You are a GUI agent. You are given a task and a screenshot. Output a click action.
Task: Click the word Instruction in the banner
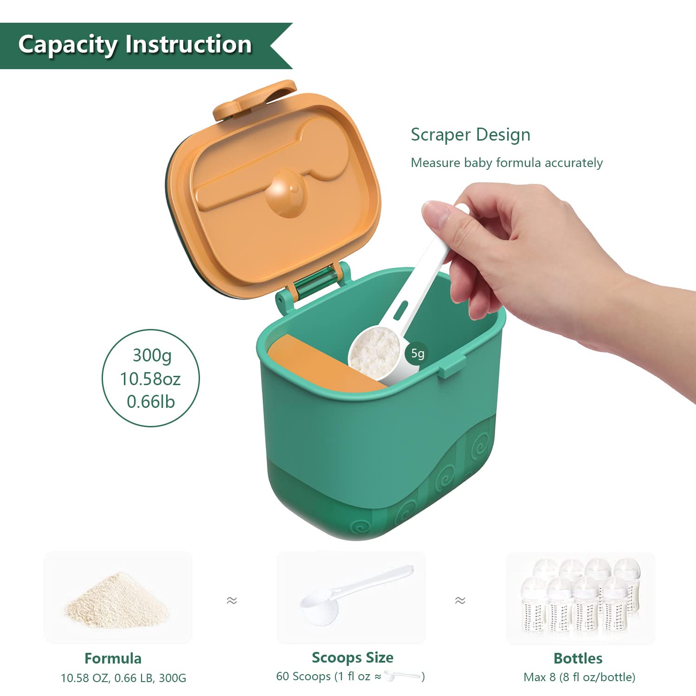click(x=188, y=45)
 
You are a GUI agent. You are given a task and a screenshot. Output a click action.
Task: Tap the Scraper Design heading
click(x=470, y=135)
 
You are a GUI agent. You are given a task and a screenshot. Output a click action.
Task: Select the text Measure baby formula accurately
click(x=506, y=163)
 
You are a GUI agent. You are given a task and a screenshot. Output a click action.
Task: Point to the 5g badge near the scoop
click(x=418, y=354)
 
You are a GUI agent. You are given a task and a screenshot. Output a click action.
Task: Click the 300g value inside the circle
click(x=152, y=355)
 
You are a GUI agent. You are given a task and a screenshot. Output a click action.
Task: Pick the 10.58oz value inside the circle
click(x=150, y=379)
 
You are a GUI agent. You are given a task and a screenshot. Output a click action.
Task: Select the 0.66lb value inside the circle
click(x=151, y=402)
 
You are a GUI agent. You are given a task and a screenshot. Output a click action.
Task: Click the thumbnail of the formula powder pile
click(x=117, y=599)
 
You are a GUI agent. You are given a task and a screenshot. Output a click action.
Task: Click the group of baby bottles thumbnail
click(x=580, y=598)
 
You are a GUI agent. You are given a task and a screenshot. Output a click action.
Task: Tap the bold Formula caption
click(x=113, y=658)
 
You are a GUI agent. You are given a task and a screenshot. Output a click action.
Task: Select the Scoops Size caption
click(x=352, y=657)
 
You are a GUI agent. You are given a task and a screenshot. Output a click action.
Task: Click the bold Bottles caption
click(x=578, y=658)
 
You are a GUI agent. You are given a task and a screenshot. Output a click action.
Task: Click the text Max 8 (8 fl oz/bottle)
click(x=579, y=677)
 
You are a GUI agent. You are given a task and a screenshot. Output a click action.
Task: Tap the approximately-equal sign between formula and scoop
click(x=232, y=600)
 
